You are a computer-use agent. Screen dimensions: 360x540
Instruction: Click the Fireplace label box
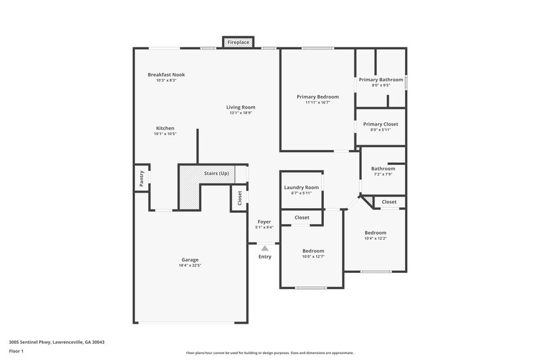click(238, 43)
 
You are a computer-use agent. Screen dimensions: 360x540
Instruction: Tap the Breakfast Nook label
click(166, 74)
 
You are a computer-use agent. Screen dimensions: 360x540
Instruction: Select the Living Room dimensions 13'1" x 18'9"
click(240, 113)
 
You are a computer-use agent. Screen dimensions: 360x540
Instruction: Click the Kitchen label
click(165, 128)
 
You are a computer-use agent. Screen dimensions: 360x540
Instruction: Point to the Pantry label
click(142, 178)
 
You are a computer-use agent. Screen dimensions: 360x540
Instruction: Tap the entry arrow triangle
click(265, 248)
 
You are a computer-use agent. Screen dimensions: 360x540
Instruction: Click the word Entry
click(265, 257)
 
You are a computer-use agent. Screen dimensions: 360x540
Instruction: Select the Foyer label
click(264, 222)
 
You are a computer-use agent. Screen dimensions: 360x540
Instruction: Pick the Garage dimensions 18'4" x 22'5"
click(190, 265)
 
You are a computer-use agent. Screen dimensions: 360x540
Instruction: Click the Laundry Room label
click(301, 187)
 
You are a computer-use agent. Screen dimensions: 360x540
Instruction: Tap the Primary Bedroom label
click(317, 97)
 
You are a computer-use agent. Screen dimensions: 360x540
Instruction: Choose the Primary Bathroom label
click(381, 80)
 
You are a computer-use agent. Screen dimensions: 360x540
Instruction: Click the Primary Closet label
click(381, 124)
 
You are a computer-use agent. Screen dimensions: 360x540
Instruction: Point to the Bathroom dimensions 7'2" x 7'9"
click(383, 174)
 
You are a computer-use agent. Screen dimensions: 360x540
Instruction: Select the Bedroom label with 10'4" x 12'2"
click(375, 232)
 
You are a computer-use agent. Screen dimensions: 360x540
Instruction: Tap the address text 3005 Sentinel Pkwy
click(57, 342)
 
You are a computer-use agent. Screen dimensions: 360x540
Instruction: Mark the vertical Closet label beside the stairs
click(239, 198)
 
